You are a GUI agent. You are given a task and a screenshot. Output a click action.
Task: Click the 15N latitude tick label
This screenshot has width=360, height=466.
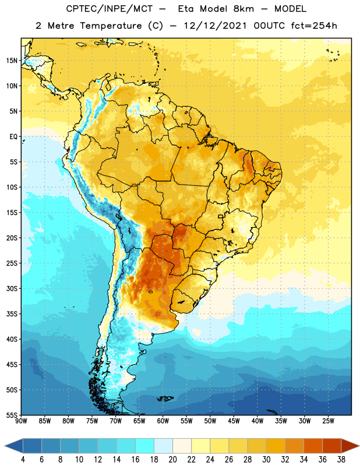pyautogui.click(x=12, y=61)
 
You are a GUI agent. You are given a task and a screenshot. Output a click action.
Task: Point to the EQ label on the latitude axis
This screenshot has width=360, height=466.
pyautogui.click(x=13, y=137)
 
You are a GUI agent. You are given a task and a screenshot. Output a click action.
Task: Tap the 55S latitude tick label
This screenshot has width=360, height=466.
pyautogui.click(x=12, y=415)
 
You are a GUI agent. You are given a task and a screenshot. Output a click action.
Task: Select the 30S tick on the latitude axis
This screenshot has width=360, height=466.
pyautogui.click(x=12, y=288)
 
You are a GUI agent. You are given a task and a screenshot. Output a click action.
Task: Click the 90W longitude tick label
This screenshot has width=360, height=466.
pyautogui.click(x=22, y=421)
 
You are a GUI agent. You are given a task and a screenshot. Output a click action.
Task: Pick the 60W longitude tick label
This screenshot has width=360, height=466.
pyautogui.click(x=163, y=421)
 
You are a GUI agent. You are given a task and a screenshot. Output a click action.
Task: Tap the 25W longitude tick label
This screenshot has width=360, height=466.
pyautogui.click(x=328, y=421)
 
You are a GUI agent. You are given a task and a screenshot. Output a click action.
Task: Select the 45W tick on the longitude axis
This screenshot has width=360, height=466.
pyautogui.click(x=234, y=421)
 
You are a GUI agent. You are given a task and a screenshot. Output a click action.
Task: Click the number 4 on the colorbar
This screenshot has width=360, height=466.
pyautogui.click(x=23, y=460)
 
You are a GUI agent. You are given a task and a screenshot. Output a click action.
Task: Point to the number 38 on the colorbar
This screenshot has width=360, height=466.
pyautogui.click(x=341, y=460)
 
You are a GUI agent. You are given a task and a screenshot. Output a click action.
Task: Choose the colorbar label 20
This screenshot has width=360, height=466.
pyautogui.click(x=172, y=460)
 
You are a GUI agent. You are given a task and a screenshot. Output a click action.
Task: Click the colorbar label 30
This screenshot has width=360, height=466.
pyautogui.click(x=266, y=460)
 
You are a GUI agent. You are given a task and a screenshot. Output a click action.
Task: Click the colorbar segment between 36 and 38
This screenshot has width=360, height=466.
pyautogui.click(x=332, y=446)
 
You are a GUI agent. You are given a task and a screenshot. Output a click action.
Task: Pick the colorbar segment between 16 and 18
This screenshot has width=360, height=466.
pyautogui.click(x=145, y=446)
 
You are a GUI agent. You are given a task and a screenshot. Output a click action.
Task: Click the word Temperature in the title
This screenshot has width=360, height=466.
pyautogui.click(x=111, y=26)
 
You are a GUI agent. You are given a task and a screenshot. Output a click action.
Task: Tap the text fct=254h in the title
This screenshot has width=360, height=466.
pyautogui.click(x=314, y=26)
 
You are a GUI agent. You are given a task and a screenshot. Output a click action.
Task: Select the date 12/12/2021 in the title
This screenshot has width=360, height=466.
pyautogui.click(x=215, y=26)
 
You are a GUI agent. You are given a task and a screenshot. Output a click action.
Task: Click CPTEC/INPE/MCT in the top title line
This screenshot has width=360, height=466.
pyautogui.click(x=110, y=9)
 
